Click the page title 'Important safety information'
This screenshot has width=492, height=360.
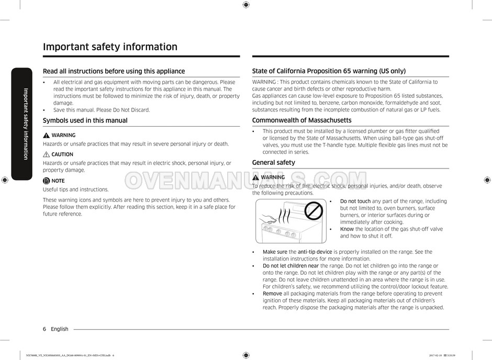[110, 47]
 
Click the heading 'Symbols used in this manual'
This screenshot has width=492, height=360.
[85, 120]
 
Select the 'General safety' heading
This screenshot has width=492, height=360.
[273, 162]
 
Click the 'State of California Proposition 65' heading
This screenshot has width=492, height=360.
[329, 71]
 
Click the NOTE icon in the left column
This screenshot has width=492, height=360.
[46, 181]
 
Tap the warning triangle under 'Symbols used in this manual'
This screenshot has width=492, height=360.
[46, 135]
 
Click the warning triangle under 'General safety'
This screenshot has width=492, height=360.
[255, 177]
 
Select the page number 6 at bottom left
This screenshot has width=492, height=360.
[44, 329]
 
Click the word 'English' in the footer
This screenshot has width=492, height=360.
[60, 329]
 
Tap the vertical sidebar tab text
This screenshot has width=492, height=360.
[25, 123]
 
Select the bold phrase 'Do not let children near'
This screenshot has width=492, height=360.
[290, 266]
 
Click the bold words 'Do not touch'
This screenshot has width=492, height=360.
[355, 201]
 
